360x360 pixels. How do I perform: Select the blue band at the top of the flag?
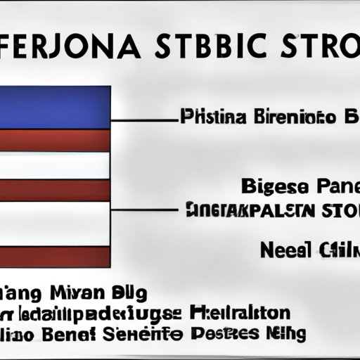pyautogui.click(x=55, y=107)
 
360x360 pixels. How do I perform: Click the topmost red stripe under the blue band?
pyautogui.click(x=55, y=140)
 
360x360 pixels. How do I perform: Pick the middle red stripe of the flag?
pyautogui.click(x=55, y=190)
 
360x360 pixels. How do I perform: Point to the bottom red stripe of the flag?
pyautogui.click(x=55, y=257)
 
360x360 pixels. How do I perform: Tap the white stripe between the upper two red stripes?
pyautogui.click(x=55, y=165)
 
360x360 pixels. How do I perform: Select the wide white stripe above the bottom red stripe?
pyautogui.click(x=55, y=224)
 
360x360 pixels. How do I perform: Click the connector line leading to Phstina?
pyautogui.click(x=144, y=121)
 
